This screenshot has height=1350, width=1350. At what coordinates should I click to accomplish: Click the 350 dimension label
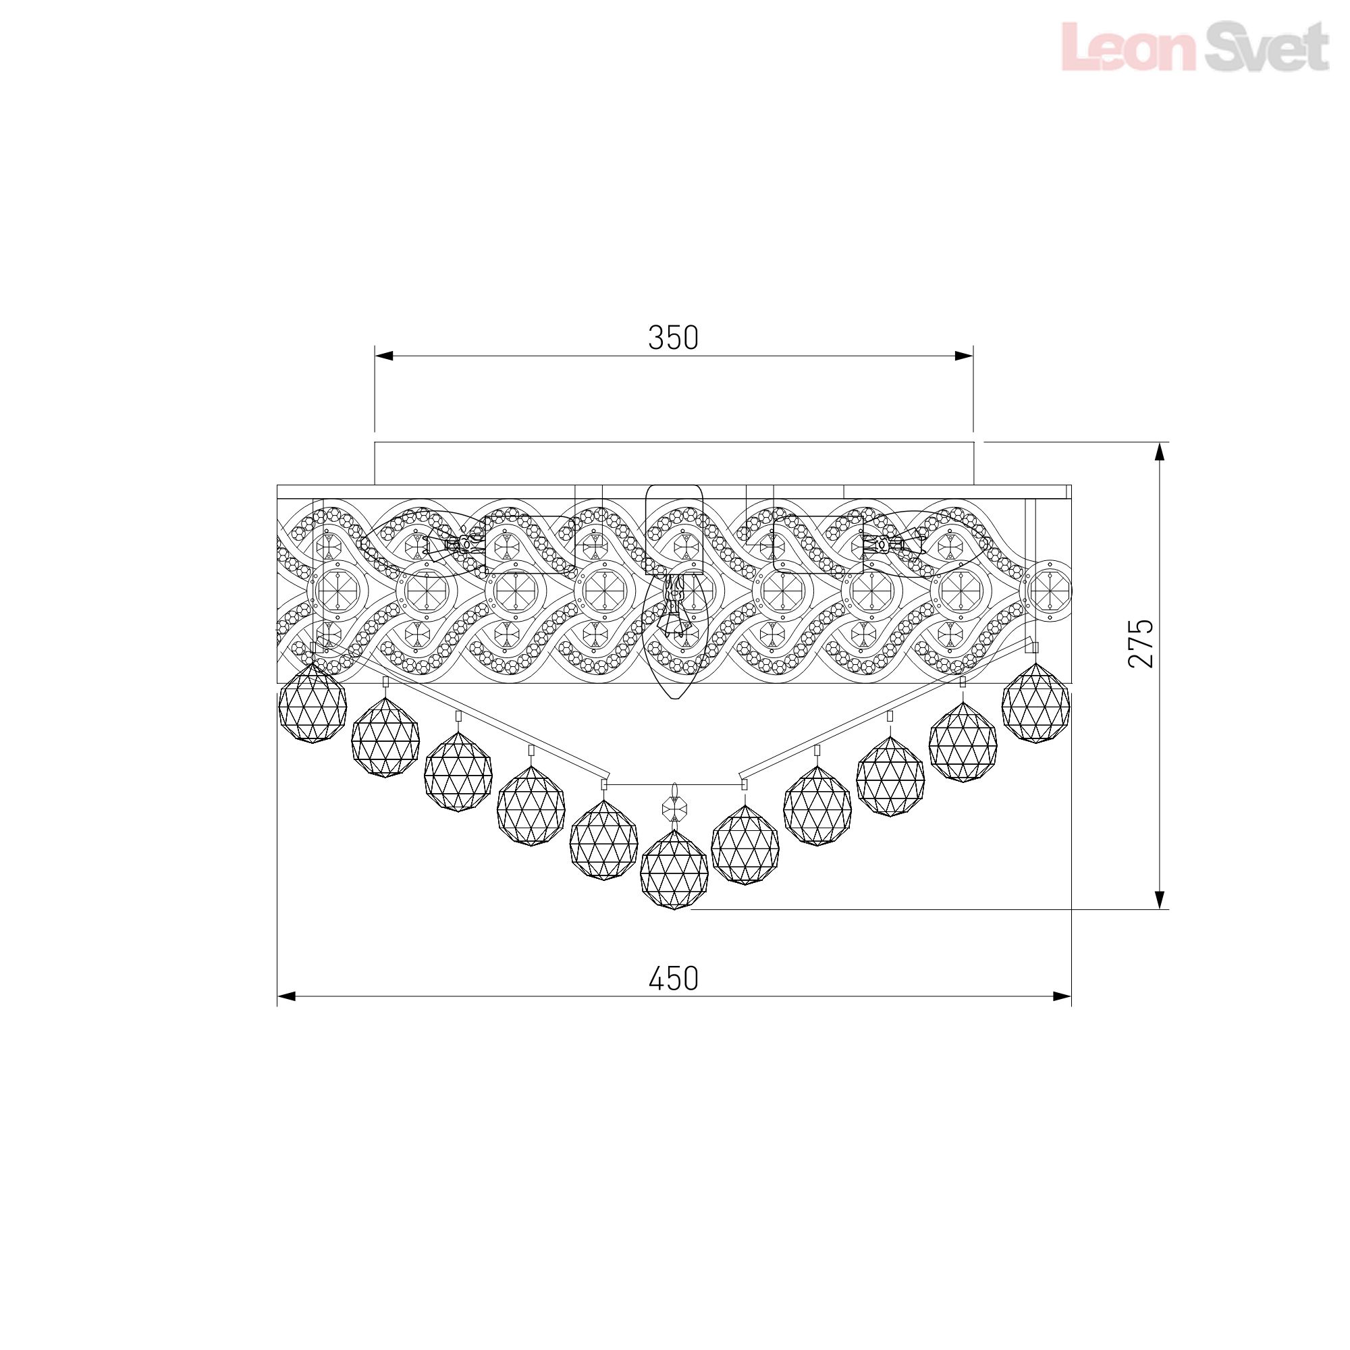673,338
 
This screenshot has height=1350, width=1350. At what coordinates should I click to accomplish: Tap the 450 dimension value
674,979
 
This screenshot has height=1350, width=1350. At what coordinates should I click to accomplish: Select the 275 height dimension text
1141,643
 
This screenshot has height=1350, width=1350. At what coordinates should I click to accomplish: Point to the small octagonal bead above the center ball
674,809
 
